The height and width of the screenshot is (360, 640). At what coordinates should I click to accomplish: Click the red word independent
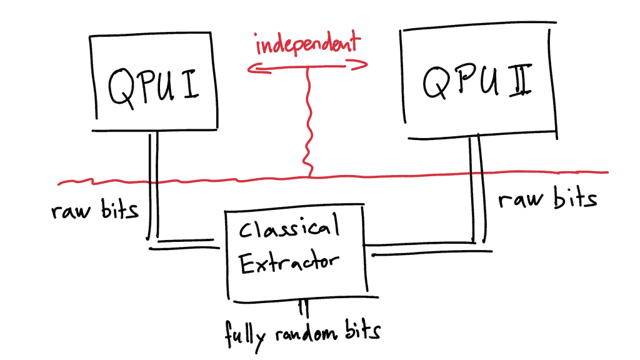tap(307, 43)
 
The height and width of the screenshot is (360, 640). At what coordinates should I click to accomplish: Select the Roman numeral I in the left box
tap(191, 84)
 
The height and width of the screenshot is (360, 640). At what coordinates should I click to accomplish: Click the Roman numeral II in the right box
tap(521, 80)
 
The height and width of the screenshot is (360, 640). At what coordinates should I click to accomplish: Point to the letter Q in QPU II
tap(436, 82)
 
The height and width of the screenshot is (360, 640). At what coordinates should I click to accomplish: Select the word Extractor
tap(289, 262)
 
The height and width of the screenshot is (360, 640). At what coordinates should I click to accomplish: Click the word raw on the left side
tap(71, 211)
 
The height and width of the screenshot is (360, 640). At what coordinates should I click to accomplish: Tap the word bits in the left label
tap(120, 209)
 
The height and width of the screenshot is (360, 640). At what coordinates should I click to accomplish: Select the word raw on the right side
tap(521, 199)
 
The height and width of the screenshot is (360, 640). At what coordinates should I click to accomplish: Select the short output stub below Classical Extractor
tap(303, 309)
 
